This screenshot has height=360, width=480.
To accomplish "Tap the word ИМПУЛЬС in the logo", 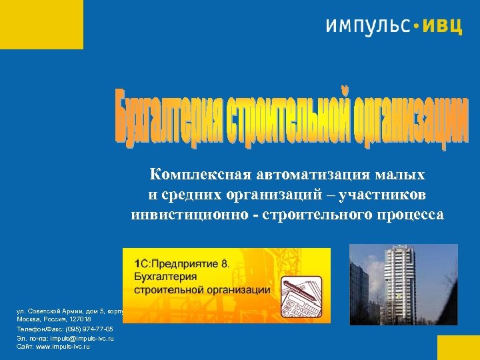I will click(368, 27).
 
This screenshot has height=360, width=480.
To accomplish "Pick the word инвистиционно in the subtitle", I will click(176, 215).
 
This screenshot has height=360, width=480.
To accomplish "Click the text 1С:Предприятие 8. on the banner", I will click(181, 263).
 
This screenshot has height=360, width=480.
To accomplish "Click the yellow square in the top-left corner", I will click(41, 24).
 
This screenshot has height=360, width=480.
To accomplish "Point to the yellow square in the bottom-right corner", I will click(458, 347).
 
